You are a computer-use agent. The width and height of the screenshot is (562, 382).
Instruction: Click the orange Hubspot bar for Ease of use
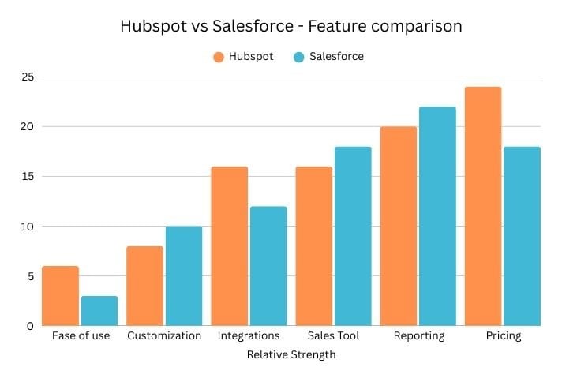click(x=60, y=296)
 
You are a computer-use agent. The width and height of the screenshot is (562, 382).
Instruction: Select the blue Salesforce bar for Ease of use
click(x=99, y=311)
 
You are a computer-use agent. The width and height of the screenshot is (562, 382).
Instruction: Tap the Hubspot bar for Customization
click(x=144, y=286)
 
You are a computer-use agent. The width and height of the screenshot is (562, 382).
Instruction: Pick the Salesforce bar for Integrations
click(x=268, y=266)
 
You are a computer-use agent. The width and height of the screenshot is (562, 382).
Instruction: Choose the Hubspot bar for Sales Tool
click(x=313, y=246)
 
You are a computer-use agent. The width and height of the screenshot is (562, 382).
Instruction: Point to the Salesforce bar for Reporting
click(x=437, y=216)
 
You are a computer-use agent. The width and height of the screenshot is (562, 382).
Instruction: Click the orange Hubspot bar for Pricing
click(x=483, y=206)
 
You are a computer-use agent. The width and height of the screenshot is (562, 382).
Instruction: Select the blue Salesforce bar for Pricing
click(x=522, y=236)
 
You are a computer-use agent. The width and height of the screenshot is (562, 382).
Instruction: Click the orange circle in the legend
click(x=219, y=57)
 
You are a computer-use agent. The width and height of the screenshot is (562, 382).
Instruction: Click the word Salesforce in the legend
click(x=337, y=57)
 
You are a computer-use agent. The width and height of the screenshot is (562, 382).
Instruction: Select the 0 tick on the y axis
click(x=30, y=325)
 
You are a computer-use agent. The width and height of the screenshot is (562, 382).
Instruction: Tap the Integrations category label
click(x=249, y=336)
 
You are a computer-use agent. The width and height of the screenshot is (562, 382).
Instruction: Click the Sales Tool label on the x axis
click(x=334, y=336)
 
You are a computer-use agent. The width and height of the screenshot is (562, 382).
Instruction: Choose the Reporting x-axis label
click(x=418, y=336)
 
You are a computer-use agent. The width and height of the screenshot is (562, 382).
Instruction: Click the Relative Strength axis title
click(x=291, y=355)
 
